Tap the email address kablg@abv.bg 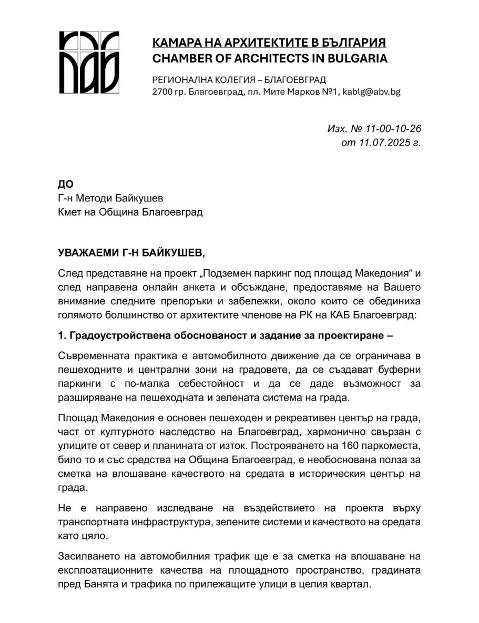click(372, 91)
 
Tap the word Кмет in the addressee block click(69, 212)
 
